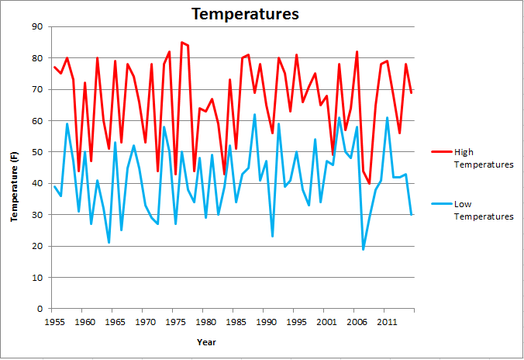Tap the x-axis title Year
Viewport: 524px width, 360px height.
[x=206, y=341]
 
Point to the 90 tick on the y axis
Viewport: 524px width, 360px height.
[x=37, y=27]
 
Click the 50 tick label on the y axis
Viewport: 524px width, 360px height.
[x=37, y=152]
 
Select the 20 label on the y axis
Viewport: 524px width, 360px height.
[x=37, y=246]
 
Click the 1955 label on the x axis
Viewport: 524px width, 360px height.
[x=55, y=320]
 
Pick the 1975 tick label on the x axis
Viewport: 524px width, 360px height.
[x=176, y=320]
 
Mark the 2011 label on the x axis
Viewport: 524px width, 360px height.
[x=387, y=320]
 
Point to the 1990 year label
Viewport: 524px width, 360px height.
[x=266, y=320]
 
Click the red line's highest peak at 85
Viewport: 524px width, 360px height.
[x=181, y=42]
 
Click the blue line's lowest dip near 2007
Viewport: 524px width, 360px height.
[x=363, y=249]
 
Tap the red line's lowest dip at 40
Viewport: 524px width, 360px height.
[x=369, y=183]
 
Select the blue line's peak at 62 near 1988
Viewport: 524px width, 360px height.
[x=254, y=115]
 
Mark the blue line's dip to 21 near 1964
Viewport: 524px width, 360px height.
[x=109, y=243]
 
